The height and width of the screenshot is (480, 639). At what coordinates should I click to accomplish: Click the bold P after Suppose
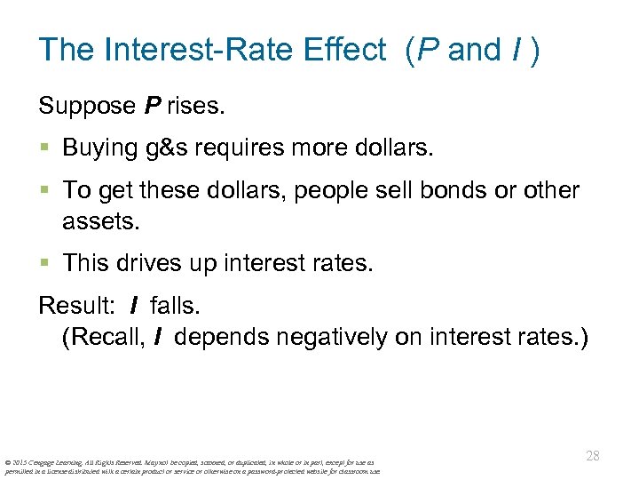click(x=154, y=108)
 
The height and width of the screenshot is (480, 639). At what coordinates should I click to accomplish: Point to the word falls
click(x=175, y=307)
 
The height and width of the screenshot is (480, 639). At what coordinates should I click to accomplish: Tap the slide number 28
click(x=593, y=456)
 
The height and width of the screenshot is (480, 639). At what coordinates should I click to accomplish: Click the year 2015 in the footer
click(x=20, y=462)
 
